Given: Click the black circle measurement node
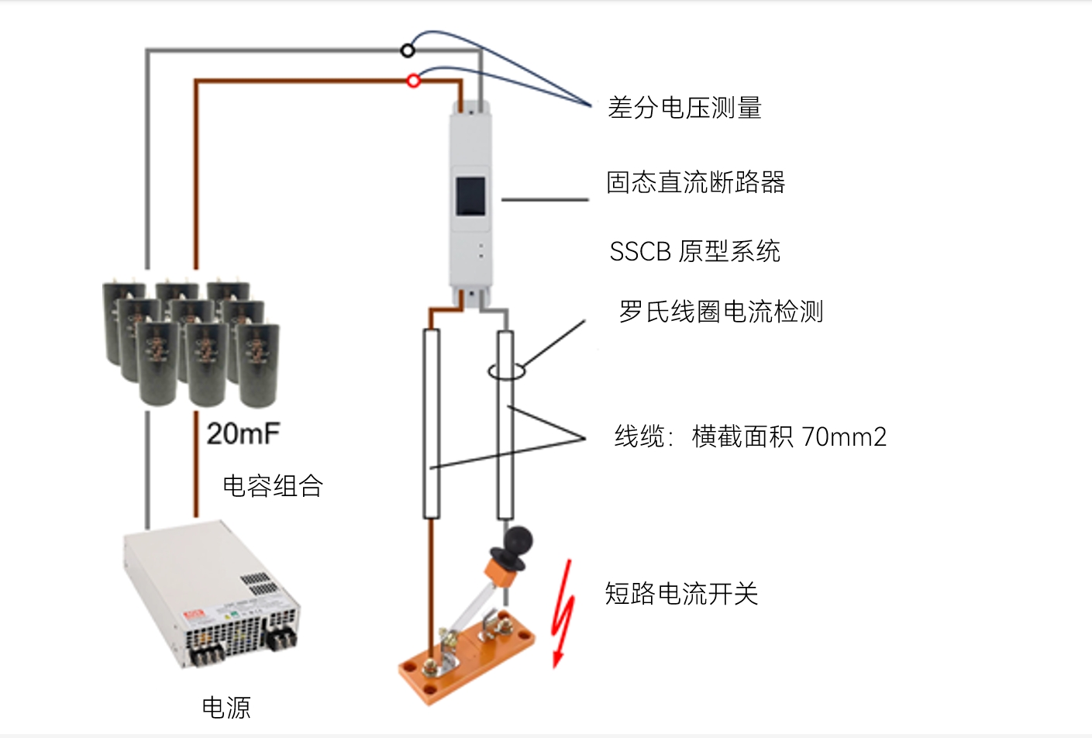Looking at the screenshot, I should [408, 51].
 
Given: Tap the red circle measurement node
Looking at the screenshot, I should [414, 80].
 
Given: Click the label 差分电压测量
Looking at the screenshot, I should [684, 108].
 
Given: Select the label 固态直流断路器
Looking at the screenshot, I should [695, 183].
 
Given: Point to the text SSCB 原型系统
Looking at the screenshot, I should [694, 251].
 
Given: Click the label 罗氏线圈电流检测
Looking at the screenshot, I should [721, 312].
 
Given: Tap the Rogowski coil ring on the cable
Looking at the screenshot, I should [506, 372].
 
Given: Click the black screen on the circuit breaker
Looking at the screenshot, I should [470, 196].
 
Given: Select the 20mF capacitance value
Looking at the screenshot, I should [243, 433].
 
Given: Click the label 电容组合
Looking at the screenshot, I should [273, 486].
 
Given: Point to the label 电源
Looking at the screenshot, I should [226, 707].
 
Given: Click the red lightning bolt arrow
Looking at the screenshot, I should [563, 612].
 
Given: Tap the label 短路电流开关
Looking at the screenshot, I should [681, 594].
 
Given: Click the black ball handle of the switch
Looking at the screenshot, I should [517, 540].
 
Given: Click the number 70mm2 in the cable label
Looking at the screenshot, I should [844, 437].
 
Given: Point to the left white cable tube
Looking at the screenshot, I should [432, 423].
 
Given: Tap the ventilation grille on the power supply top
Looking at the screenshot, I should [255, 581].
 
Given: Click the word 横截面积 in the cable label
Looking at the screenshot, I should [742, 437].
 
